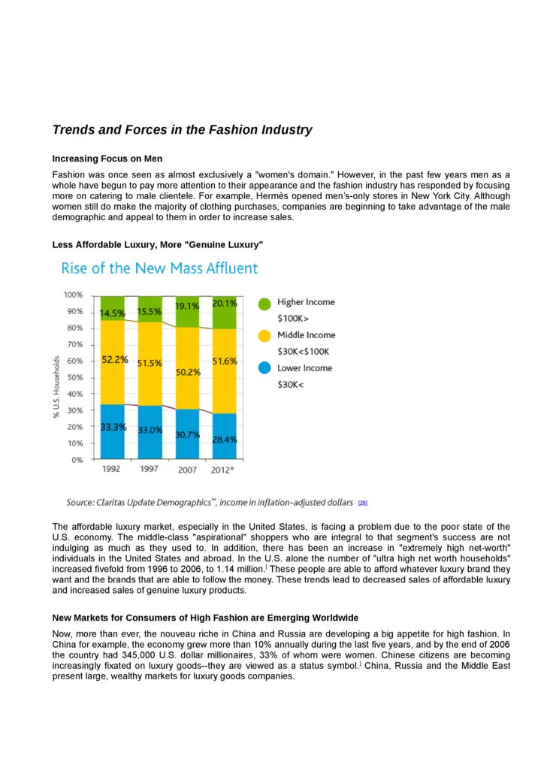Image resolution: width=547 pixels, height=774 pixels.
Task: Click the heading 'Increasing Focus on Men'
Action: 107,159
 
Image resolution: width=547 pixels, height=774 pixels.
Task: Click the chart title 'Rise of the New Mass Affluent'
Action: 159,268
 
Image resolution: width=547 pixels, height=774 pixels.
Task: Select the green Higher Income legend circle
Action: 264,304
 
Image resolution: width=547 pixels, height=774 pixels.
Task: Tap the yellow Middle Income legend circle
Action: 264,337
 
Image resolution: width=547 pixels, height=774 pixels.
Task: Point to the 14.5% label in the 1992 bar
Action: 113,313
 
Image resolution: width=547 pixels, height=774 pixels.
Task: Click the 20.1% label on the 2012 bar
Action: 225,304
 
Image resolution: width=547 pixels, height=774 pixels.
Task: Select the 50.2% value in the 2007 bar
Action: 188,372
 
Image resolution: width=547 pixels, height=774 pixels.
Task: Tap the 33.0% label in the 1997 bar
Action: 150,430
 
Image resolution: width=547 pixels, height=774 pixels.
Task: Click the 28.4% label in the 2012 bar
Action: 225,439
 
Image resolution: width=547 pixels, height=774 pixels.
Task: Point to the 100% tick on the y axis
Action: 74,295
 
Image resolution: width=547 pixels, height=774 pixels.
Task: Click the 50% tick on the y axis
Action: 75,377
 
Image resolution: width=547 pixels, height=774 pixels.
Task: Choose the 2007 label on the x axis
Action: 187,470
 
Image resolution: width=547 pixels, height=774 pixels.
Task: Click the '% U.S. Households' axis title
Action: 56,387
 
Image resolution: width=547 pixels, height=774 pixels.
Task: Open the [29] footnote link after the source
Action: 362,503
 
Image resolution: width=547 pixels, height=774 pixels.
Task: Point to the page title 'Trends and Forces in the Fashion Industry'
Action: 182,130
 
